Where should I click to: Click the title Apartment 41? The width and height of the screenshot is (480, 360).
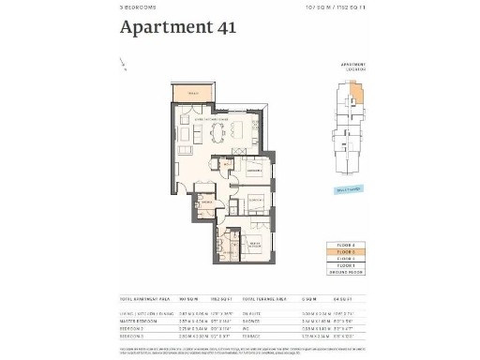coord(177,27)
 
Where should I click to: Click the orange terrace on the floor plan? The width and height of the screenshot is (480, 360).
coord(193,93)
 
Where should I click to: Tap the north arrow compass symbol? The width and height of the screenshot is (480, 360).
coord(124,64)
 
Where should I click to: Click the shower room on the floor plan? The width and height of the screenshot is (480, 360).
coord(205,203)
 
